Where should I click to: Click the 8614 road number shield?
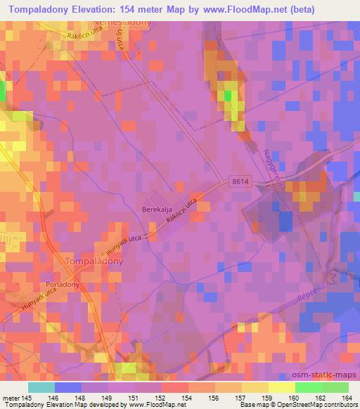240,181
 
